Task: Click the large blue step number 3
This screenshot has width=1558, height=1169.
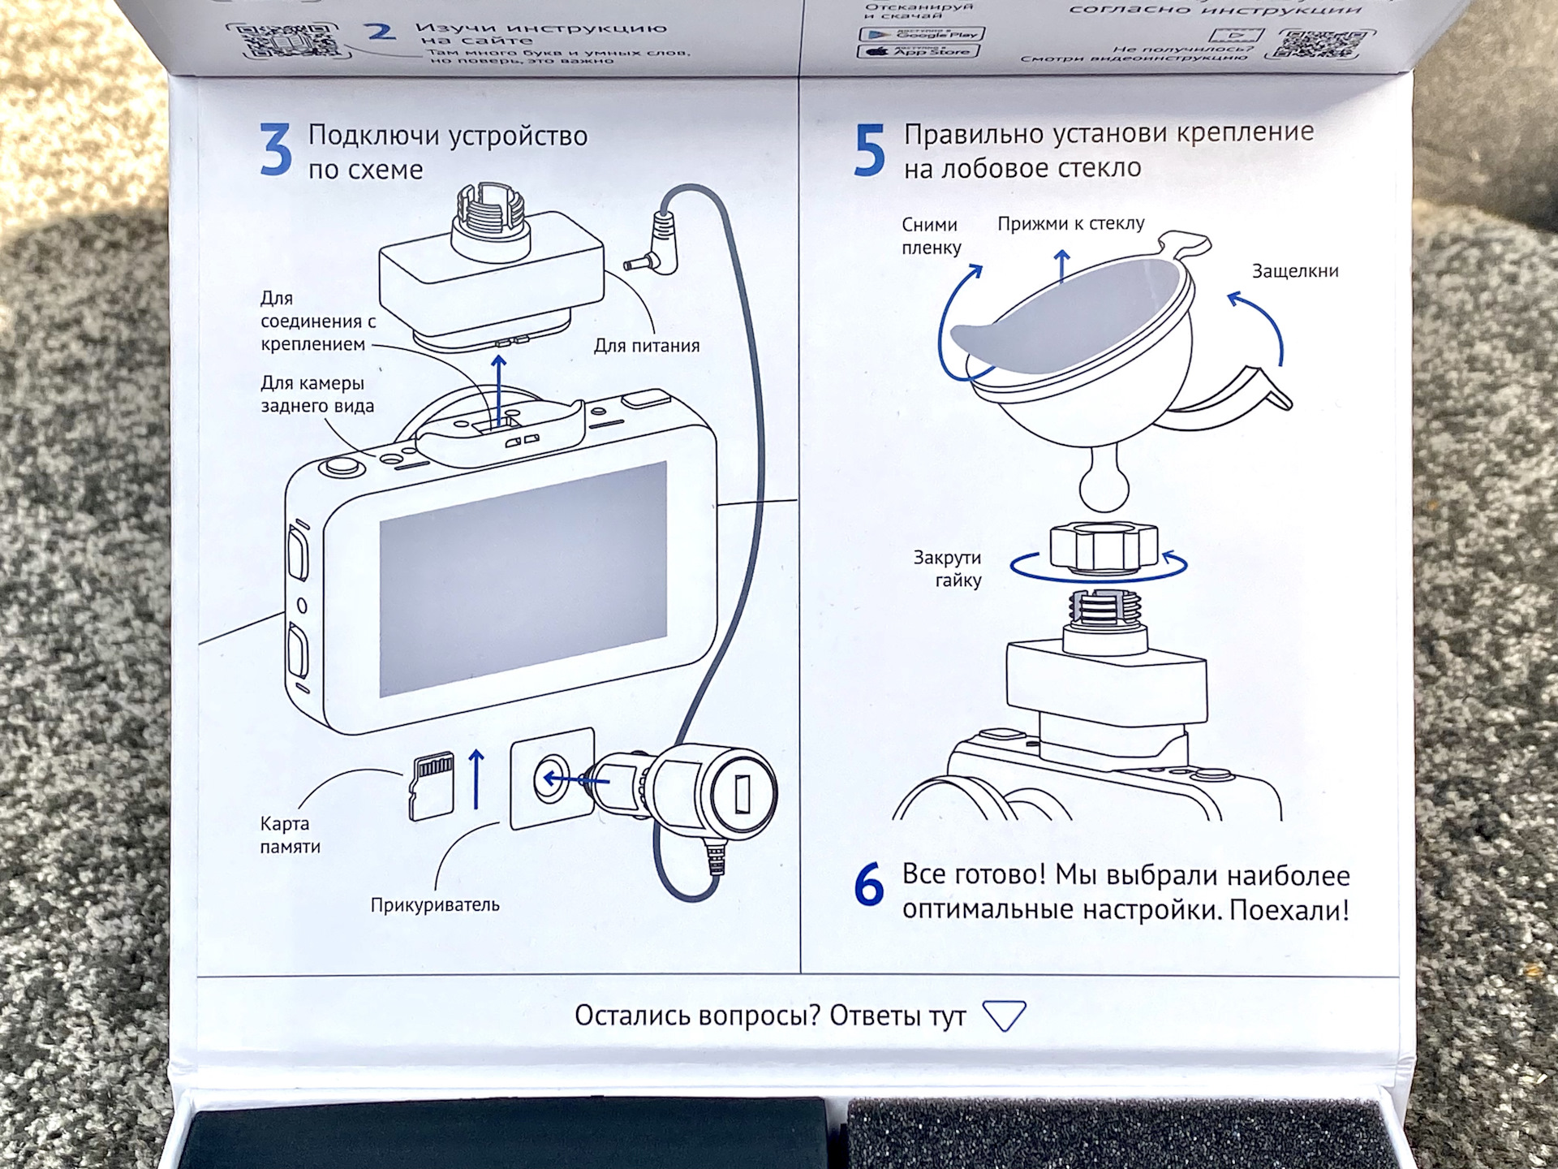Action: [x=276, y=150]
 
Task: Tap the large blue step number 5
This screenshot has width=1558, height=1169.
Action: [x=869, y=150]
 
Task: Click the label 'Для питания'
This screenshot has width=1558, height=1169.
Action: [x=646, y=346]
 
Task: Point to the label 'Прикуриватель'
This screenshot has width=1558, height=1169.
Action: [x=435, y=904]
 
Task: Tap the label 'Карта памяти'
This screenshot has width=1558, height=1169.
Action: [x=290, y=835]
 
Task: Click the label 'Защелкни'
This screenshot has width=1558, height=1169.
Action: [x=1294, y=271]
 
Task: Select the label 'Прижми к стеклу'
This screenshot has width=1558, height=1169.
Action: [x=1071, y=223]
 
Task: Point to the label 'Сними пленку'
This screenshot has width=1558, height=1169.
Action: [x=931, y=236]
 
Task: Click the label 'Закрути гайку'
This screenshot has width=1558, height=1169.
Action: [x=947, y=568]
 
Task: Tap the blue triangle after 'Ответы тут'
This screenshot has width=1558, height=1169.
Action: [x=1004, y=1015]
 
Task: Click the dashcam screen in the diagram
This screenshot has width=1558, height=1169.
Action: [x=523, y=578]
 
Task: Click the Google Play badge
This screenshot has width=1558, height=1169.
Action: [x=921, y=34]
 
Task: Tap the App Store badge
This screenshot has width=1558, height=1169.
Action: [x=918, y=51]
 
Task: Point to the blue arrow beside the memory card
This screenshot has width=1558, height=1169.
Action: [x=477, y=779]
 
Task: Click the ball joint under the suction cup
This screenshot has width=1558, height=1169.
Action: [x=1104, y=485]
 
